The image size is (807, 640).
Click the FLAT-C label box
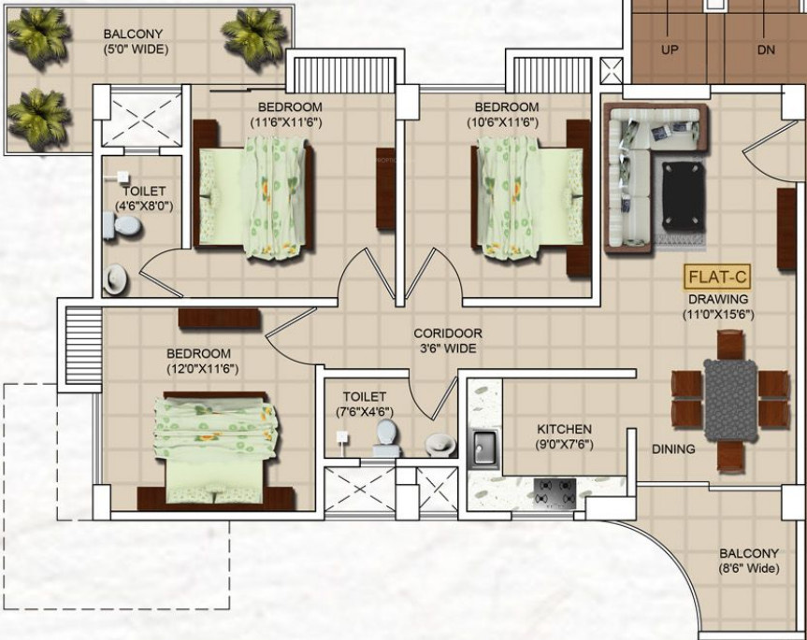717,277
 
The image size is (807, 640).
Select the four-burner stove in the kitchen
555,492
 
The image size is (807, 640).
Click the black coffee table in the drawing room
683,196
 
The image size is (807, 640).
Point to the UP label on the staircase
670,50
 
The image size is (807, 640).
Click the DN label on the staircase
766,50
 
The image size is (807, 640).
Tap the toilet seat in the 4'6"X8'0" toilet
122,227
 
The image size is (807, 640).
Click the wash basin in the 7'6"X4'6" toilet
440,443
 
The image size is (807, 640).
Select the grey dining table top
730,400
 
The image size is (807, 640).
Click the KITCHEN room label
564,429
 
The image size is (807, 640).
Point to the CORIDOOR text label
448,334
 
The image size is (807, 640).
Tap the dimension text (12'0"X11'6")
202,368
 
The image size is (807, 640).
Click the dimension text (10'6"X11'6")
502,122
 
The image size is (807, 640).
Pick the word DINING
673,448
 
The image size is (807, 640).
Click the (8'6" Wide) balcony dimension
749,569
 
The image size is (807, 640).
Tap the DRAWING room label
718,299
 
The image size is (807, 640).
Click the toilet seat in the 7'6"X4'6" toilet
386,437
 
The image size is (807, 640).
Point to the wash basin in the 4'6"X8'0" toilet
114,279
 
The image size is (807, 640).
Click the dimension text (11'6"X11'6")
286,122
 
